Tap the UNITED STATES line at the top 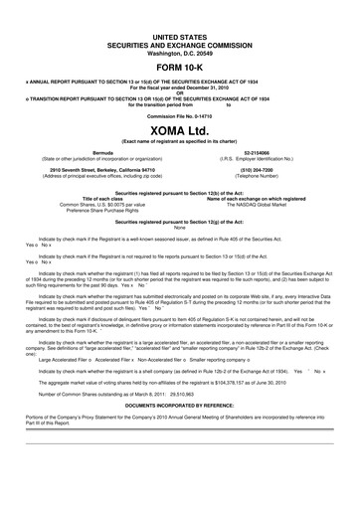coord(180,35)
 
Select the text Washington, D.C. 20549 coord(180,50)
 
